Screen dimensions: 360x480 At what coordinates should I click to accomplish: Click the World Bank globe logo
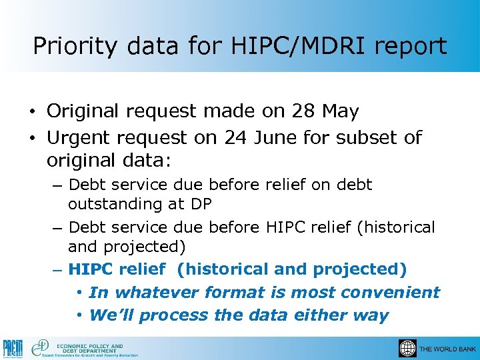(x=407, y=349)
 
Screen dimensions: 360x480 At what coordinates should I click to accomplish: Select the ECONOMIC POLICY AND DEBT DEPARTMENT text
(x=90, y=348)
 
